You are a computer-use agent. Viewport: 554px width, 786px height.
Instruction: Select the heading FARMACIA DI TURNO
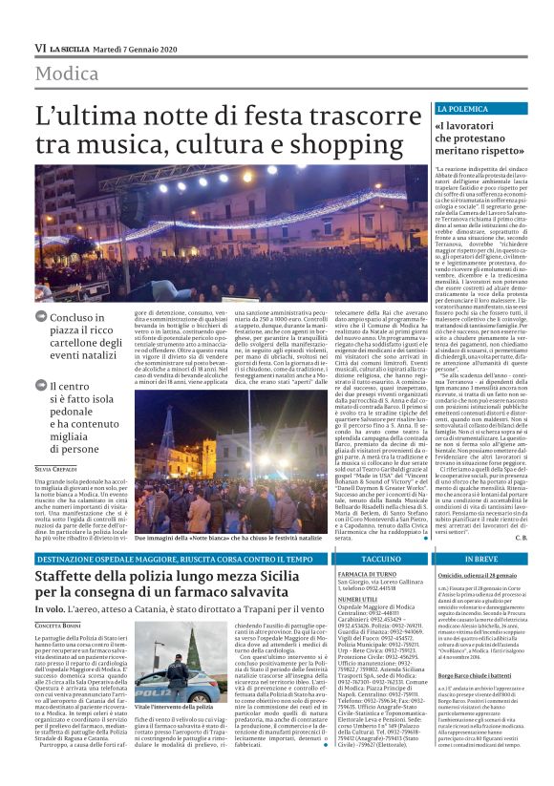click(366, 574)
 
